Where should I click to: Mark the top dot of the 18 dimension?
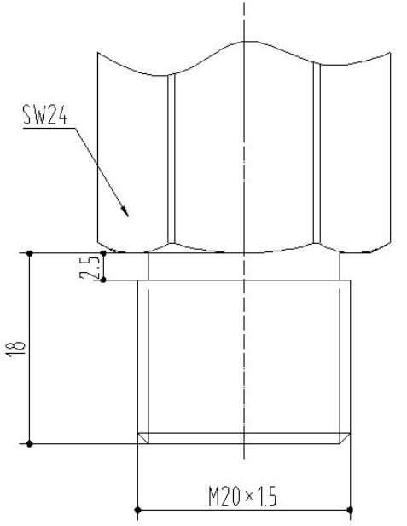(30, 252)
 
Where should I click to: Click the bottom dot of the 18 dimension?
(30, 443)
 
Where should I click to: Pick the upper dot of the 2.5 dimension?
(103, 252)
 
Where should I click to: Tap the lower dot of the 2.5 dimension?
(103, 280)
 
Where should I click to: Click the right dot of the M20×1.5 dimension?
(350, 511)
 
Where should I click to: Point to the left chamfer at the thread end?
(143, 438)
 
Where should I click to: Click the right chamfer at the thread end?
(345, 438)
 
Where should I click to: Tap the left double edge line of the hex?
(172, 158)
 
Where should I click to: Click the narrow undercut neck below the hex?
(245, 267)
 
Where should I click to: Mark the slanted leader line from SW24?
(98, 166)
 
